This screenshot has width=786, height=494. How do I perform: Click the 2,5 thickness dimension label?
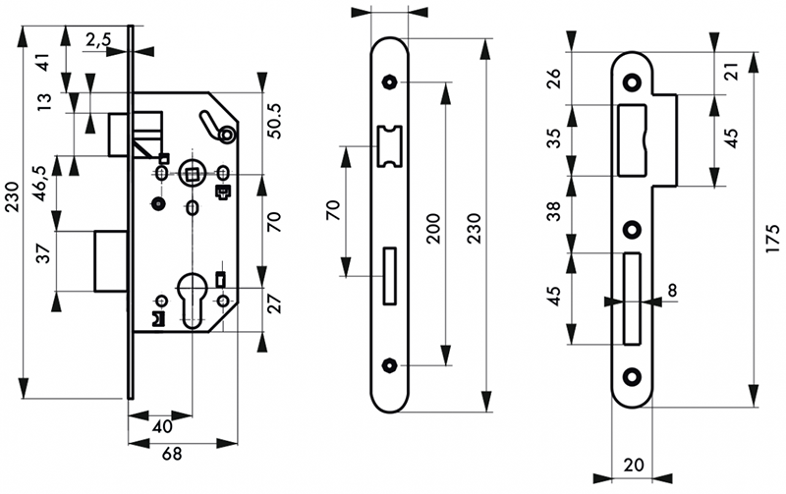98,39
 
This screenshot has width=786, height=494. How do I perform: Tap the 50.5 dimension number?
274,121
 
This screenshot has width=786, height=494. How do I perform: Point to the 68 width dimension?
172,454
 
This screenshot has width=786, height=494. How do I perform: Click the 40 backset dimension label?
162,427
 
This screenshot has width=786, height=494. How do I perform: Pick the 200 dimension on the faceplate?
432,229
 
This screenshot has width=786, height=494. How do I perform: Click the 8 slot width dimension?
672,290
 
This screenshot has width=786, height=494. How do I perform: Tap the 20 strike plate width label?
634,465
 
